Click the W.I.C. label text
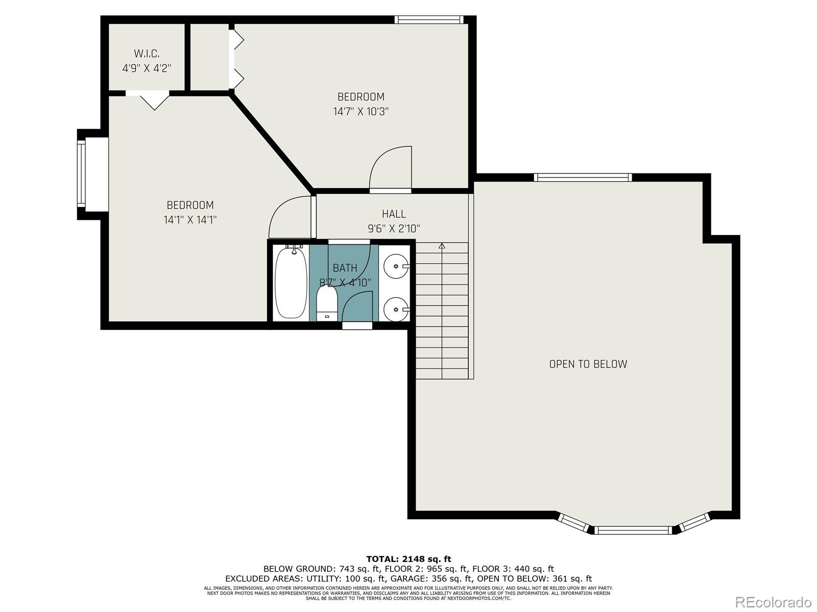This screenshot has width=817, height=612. click(x=147, y=53)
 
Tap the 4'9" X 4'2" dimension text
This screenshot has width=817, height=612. click(x=147, y=67)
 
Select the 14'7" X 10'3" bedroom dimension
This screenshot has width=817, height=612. click(x=361, y=111)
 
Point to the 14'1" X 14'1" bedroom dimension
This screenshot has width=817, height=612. click(x=190, y=220)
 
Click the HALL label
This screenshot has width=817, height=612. click(x=394, y=214)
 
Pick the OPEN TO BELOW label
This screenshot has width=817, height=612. click(x=588, y=364)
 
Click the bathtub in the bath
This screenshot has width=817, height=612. click(x=291, y=283)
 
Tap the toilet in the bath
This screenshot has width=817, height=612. click(x=326, y=303)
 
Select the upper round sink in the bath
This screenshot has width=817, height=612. click(x=396, y=266)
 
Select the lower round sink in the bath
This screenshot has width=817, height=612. click(x=396, y=309)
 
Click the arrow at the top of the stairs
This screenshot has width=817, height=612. click(x=442, y=246)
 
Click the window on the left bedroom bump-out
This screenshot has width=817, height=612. click(x=81, y=174)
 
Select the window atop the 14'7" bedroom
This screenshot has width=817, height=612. click(x=429, y=20)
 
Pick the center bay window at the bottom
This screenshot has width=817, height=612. click(x=633, y=530)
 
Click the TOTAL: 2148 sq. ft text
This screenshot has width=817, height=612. click(x=408, y=559)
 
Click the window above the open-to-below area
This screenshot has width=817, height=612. click(x=583, y=177)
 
